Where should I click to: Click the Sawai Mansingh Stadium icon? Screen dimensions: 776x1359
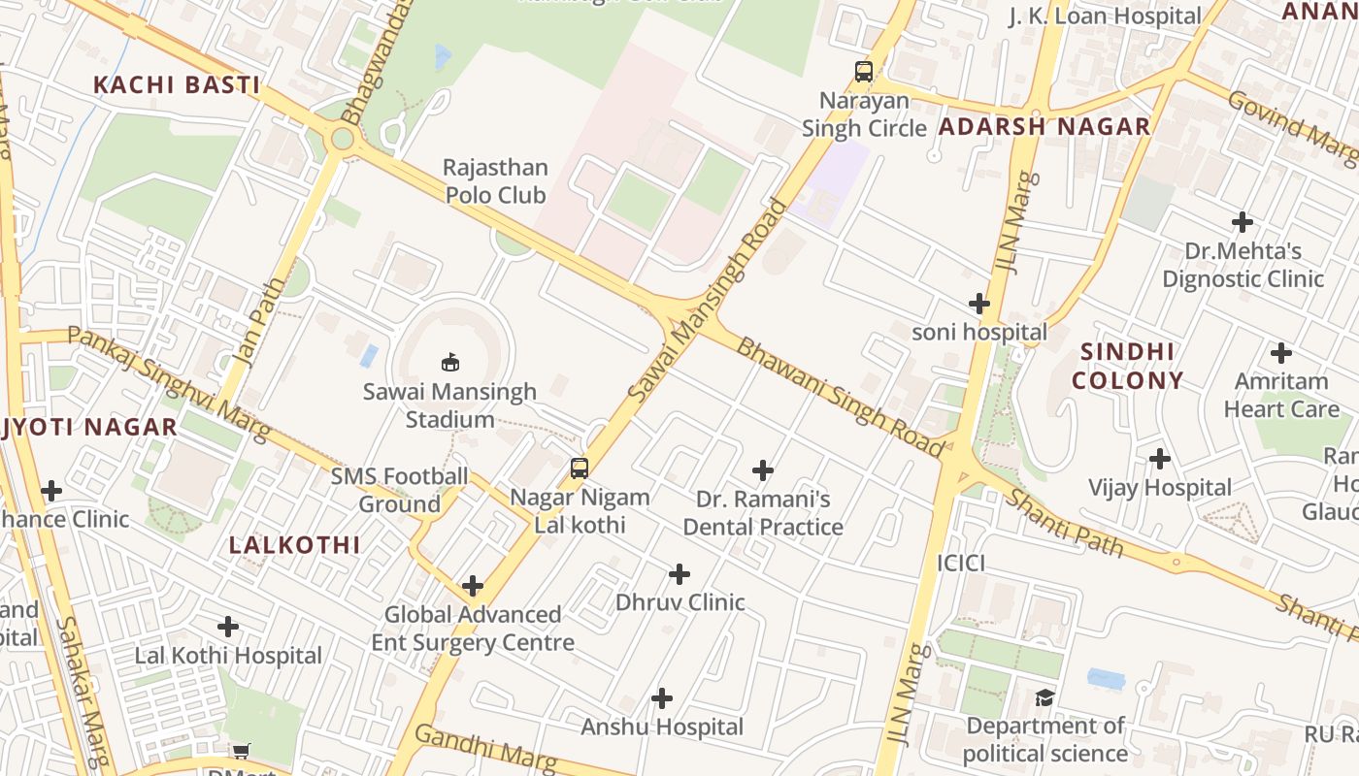point(449,363)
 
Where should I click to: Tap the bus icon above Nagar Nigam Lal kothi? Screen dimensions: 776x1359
point(580,469)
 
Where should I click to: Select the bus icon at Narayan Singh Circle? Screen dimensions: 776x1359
point(863,71)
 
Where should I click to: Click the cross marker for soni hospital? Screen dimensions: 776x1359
point(979,304)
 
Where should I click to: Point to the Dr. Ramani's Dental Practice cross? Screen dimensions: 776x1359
point(763,471)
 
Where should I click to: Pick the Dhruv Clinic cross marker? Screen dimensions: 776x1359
point(679,574)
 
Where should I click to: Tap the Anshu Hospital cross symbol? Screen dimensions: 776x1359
point(662,698)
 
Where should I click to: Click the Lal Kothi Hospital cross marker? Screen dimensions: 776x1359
point(228,627)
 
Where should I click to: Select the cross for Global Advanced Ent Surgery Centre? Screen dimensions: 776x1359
point(473,586)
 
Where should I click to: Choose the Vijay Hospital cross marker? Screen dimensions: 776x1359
point(1160,459)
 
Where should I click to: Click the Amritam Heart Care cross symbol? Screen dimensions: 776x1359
point(1281,353)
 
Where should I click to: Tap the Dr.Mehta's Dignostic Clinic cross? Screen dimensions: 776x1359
point(1243,222)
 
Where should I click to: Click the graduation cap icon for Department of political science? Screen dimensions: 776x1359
point(1044,697)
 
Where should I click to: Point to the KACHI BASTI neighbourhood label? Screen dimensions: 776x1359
point(177,85)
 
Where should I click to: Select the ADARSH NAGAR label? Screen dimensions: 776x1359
point(1044,126)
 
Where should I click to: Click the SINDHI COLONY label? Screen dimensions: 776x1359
point(1128,366)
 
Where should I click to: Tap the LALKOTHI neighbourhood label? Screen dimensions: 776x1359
point(295,545)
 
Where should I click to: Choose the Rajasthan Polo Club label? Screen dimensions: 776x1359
point(496,181)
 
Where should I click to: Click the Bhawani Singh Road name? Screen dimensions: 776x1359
point(840,398)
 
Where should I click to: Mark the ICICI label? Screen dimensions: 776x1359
point(961,564)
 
